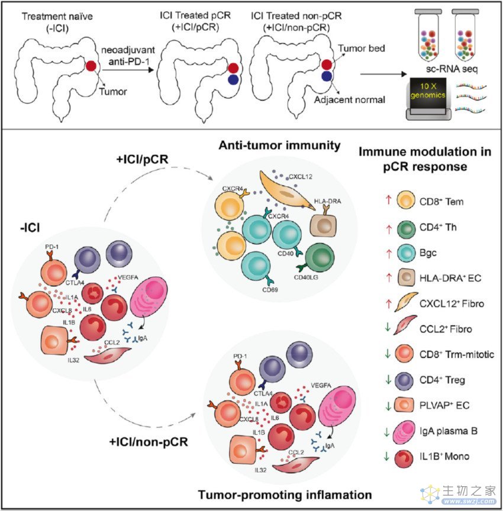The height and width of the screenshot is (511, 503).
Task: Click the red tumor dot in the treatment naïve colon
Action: [91, 66]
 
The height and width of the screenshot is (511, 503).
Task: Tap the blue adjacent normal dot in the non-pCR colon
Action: [327, 76]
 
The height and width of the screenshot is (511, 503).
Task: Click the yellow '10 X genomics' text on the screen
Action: [428, 90]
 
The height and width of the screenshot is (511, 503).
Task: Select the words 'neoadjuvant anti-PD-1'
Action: [128, 56]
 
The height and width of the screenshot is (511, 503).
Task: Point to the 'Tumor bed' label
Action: [361, 48]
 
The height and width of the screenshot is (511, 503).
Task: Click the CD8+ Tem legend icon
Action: [406, 200]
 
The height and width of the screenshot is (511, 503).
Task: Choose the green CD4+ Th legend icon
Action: [406, 228]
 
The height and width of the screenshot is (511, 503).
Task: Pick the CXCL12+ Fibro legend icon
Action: [405, 302]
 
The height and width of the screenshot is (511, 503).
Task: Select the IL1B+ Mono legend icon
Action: [404, 458]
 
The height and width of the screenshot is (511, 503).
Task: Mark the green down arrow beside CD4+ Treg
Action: [388, 380]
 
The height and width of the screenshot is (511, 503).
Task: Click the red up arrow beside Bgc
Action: [388, 253]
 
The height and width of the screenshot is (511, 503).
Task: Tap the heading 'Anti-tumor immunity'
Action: [279, 145]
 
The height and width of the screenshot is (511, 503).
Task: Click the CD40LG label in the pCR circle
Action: [306, 277]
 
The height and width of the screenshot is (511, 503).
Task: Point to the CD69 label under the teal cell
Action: [270, 289]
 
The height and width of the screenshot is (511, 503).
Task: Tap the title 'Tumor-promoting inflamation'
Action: [285, 494]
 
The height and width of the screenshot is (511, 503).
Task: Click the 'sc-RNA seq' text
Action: [452, 69]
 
